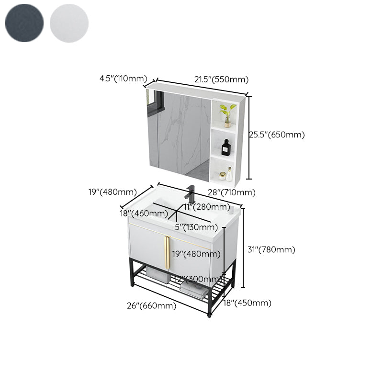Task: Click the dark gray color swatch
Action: pyautogui.click(x=24, y=23)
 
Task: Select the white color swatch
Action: pyautogui.click(x=69, y=23)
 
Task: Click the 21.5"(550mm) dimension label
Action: pyautogui.click(x=221, y=79)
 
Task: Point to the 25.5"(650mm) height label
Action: pyautogui.click(x=277, y=135)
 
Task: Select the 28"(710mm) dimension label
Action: pyautogui.click(x=231, y=192)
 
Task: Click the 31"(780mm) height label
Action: pyautogui.click(x=271, y=249)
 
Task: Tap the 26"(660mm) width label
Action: pyautogui.click(x=151, y=306)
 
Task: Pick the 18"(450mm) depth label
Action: pyautogui.click(x=248, y=303)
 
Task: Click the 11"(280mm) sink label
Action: pyautogui.click(x=207, y=207)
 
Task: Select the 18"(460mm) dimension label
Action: pyautogui.click(x=144, y=214)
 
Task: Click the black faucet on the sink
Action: pyautogui.click(x=191, y=193)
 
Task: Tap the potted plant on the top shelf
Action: pyautogui.click(x=227, y=114)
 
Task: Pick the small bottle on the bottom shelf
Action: pyautogui.click(x=228, y=174)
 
